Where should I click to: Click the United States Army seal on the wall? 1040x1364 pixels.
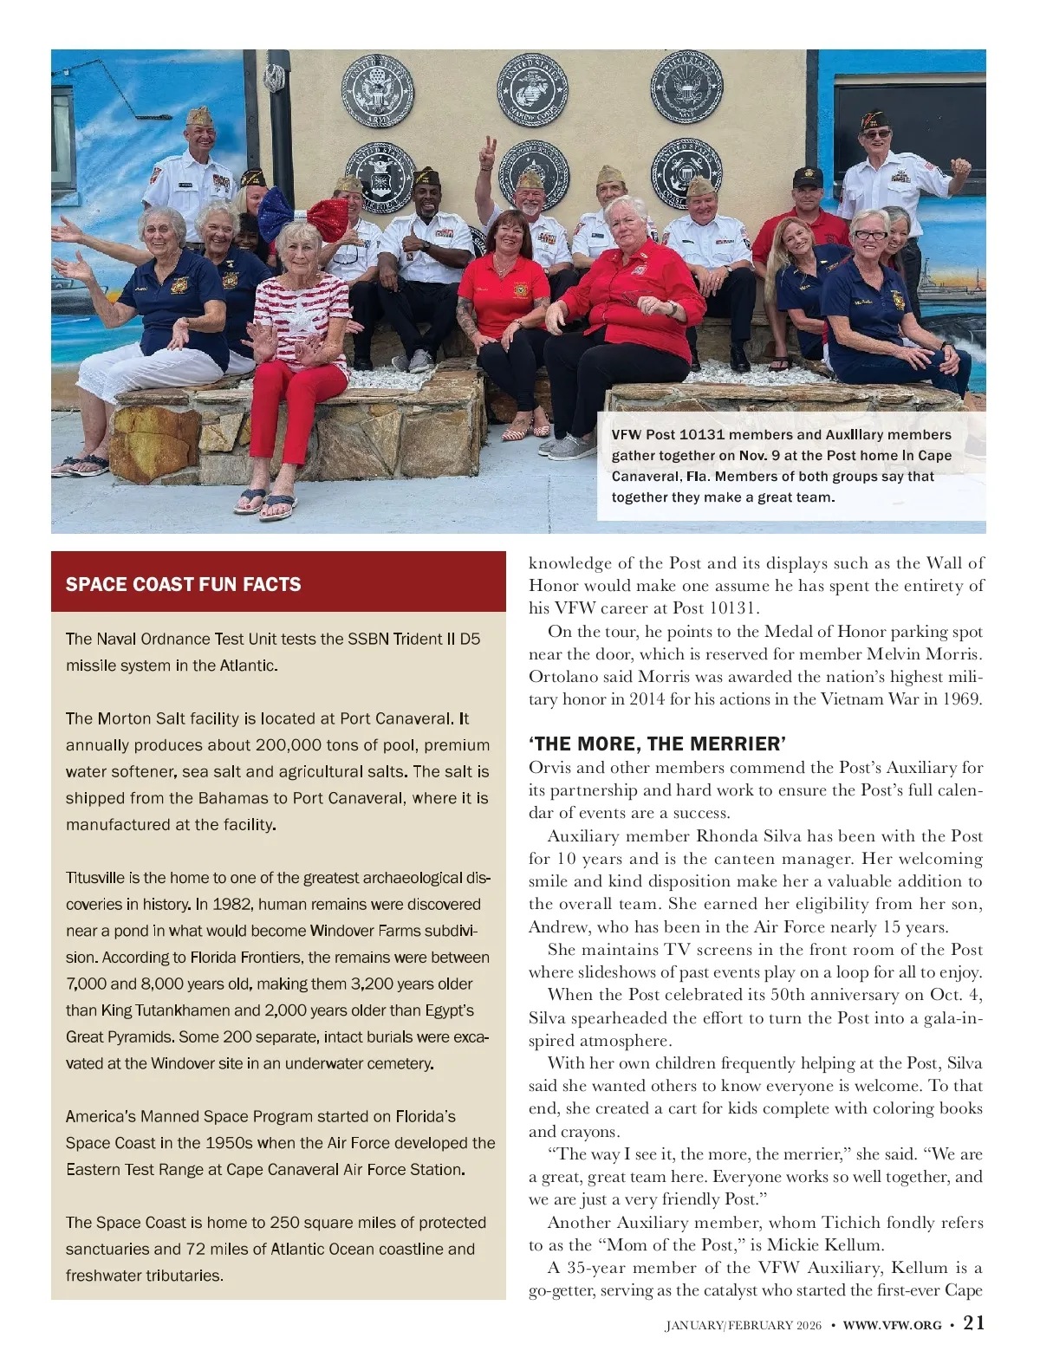[378, 90]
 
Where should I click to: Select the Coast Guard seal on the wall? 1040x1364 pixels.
[686, 172]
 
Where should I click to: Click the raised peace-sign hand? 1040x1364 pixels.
[489, 147]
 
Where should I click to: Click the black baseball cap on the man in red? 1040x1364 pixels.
[808, 177]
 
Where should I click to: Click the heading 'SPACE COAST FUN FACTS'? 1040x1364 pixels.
[184, 584]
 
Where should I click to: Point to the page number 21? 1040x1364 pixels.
[974, 1322]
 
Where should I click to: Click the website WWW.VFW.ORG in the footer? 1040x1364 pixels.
[892, 1324]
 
